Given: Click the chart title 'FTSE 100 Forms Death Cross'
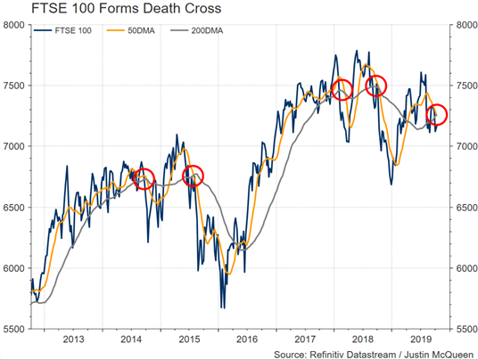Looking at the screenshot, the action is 127,8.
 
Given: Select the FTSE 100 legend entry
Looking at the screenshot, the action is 62,31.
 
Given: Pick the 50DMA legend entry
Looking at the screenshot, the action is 130,31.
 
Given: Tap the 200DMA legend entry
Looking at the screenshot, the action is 196,31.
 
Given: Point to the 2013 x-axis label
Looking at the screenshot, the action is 73,340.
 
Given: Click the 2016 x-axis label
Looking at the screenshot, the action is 247,340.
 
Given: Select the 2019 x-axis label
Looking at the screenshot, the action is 421,340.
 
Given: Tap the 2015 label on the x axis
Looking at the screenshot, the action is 189,340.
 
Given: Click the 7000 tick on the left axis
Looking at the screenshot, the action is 13,146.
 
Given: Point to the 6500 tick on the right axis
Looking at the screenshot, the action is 466,208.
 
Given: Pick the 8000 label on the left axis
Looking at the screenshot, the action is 13,25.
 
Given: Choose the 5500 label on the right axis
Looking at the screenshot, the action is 466,329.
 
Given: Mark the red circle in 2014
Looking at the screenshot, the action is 134,179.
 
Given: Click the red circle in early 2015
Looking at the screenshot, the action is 183,176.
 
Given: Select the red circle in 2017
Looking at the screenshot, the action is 332,90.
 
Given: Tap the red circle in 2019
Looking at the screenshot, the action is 426,115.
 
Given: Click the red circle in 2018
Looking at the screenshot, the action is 366,86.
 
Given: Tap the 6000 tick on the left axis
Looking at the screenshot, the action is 13,268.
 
